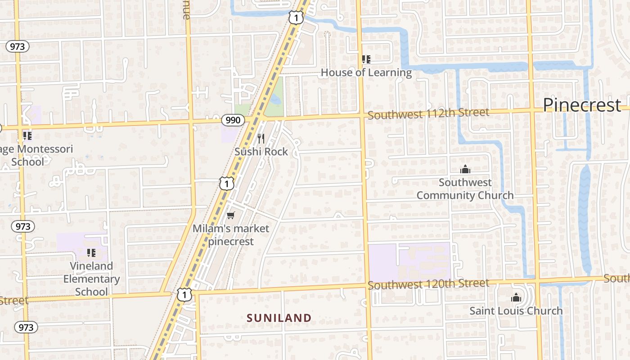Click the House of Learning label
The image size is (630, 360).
click(366, 72)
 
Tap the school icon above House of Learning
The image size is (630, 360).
click(366, 59)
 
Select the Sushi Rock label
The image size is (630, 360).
click(261, 152)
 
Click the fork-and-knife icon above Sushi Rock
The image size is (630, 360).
click(261, 138)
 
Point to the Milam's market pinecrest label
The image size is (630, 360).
click(231, 234)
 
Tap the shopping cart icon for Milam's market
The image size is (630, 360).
click(230, 216)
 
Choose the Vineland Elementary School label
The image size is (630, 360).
click(91, 279)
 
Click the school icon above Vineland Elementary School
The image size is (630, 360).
click(91, 252)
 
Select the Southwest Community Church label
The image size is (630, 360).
click(465, 189)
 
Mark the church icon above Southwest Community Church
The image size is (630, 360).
click(465, 170)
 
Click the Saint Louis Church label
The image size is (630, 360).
click(516, 310)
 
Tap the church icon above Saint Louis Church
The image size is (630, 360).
click(516, 297)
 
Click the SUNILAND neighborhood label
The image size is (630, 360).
click(279, 318)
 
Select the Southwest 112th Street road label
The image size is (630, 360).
click(428, 113)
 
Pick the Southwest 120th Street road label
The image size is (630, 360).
click(428, 284)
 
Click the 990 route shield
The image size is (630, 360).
click(233, 120)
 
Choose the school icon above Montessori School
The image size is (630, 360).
click(27, 135)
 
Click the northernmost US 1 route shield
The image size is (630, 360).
click(296, 18)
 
